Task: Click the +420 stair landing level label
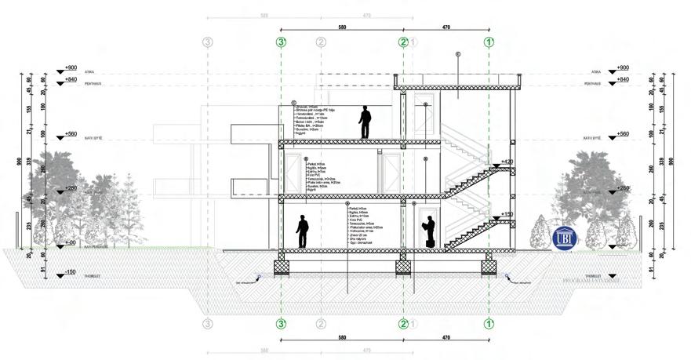pyautogui.click(x=507, y=162)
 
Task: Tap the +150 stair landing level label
pyautogui.click(x=507, y=213)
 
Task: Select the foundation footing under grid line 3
pyautogui.click(x=282, y=267)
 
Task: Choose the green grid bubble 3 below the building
pyautogui.click(x=282, y=323)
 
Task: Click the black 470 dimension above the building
pyautogui.click(x=446, y=27)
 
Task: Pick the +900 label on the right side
pyautogui.click(x=623, y=68)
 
